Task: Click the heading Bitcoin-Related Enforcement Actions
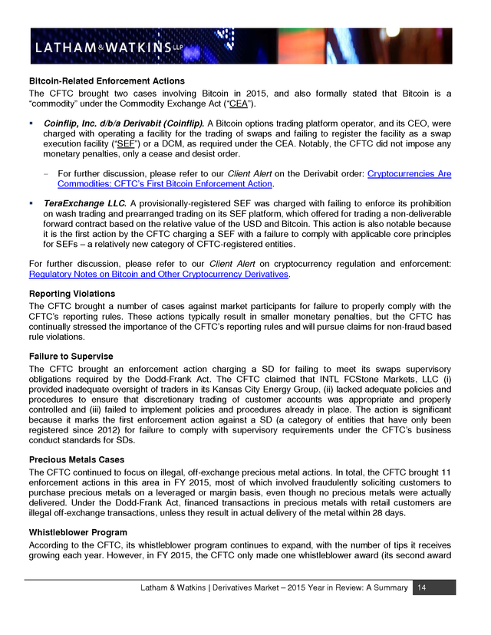(x=107, y=81)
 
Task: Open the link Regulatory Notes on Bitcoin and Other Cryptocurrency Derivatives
(x=158, y=274)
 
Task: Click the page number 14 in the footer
(x=421, y=587)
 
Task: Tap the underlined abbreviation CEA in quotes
(x=239, y=104)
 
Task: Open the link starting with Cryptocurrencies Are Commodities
(x=409, y=173)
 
